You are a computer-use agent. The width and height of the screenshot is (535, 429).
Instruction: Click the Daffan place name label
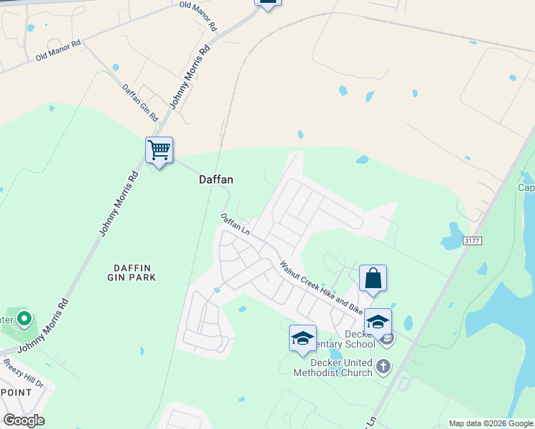coord(216,181)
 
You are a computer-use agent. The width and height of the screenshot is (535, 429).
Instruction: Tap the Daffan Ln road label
coord(235,225)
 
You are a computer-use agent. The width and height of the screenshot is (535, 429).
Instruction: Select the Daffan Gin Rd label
coord(139,102)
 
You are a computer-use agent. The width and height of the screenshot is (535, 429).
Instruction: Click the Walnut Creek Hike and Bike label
coord(321,288)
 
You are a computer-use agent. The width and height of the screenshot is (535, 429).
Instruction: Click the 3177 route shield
coord(471,241)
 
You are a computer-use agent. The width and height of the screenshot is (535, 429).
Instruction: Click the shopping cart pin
coord(159,151)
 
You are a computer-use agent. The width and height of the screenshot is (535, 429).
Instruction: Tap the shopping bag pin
coord(373,278)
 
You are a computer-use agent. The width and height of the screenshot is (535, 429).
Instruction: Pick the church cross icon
coord(383,367)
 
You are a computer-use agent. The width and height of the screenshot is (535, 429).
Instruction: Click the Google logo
coord(24,420)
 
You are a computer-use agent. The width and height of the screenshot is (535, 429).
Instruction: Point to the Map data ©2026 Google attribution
coord(491,423)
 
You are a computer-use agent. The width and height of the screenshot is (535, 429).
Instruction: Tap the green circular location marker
coord(24,318)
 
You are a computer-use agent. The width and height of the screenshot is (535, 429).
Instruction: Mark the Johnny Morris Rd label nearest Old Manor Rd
coord(190,78)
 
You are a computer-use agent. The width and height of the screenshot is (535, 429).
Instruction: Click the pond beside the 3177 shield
coord(453,236)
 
